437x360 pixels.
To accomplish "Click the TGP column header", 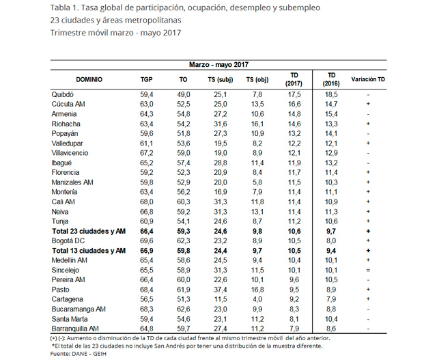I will pos(146,79).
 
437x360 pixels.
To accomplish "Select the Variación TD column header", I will pos(368,79).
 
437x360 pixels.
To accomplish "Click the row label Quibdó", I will pos(63,94).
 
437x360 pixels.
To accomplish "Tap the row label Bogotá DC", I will pos(69,241).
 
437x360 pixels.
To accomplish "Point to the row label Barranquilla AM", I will pos(76,329).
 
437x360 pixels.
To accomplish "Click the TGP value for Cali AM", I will pos(146,202).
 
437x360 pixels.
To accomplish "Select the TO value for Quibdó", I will pos(184,94).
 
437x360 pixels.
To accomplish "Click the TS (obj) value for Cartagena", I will pos(257,299).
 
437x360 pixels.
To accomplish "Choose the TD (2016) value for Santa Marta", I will pos(331,319).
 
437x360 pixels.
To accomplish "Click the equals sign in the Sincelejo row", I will pos(368,271).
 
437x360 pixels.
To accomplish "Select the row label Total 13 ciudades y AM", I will pos(89,251).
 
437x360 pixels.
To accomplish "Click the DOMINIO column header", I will pos(89,79).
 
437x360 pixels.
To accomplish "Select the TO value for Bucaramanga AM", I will pos(184,309).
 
